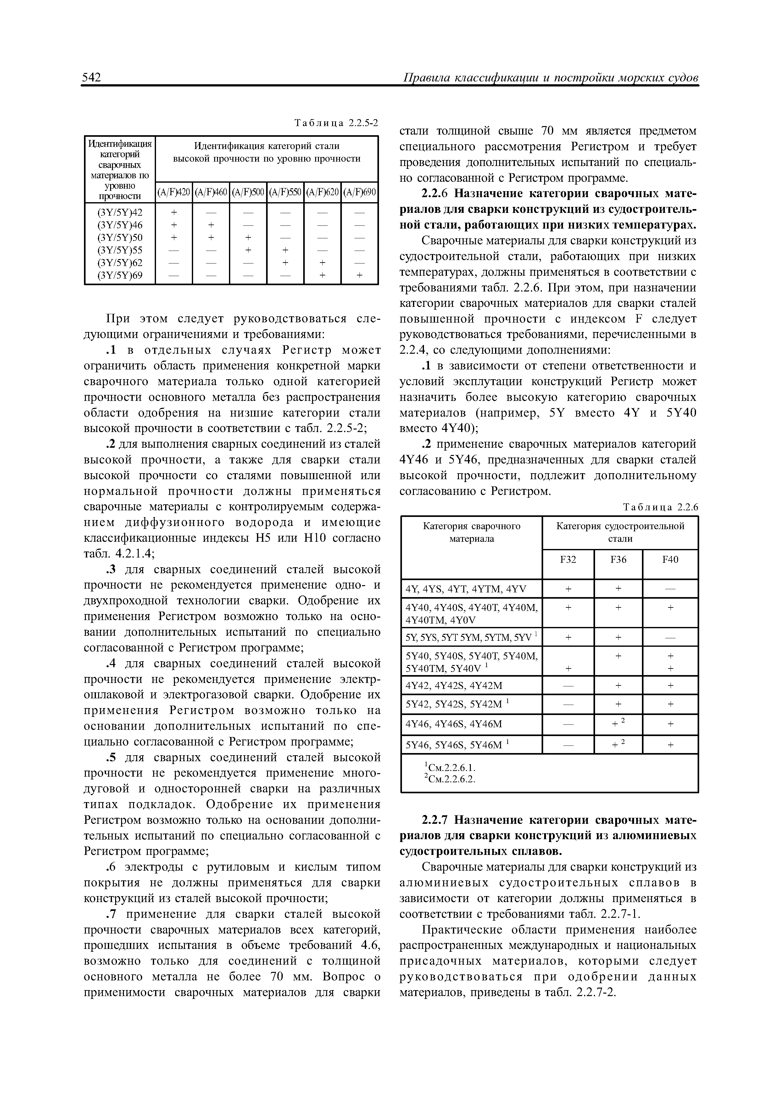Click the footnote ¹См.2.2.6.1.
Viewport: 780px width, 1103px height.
(x=448, y=768)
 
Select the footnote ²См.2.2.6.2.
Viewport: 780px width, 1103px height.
(x=448, y=779)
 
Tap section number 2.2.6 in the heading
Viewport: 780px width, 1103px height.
(x=434, y=194)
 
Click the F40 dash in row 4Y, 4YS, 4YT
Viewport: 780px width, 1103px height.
(x=670, y=589)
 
